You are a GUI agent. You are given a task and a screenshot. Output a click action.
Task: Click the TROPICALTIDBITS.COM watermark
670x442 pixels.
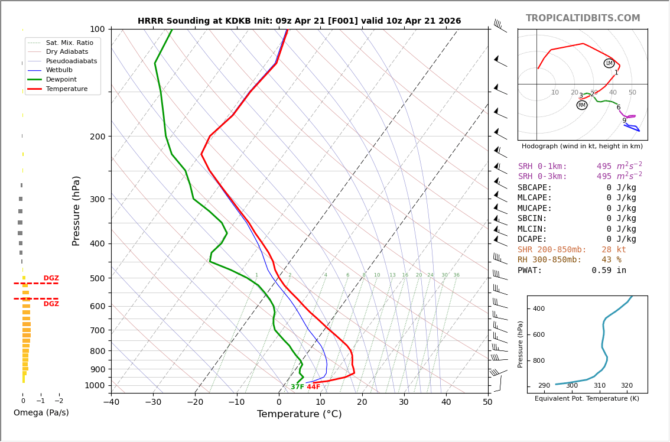pyautogui.click(x=583, y=18)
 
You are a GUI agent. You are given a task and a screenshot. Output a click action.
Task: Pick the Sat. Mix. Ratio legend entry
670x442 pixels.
pyautogui.click(x=69, y=43)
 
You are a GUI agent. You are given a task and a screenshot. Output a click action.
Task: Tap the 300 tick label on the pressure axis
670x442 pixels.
pyautogui.click(x=97, y=199)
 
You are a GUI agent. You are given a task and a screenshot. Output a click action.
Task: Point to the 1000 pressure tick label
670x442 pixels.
pyautogui.click(x=95, y=385)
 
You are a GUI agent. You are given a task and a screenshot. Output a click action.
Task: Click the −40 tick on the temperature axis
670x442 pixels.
pyautogui.click(x=111, y=402)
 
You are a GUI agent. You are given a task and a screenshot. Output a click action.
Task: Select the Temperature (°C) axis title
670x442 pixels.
pyautogui.click(x=299, y=414)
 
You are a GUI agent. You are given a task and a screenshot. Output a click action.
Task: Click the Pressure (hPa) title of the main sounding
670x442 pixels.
pyautogui.click(x=76, y=210)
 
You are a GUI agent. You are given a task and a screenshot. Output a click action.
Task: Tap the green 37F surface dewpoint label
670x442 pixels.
pyautogui.click(x=297, y=387)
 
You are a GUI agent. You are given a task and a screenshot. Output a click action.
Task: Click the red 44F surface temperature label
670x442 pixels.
pyautogui.click(x=313, y=387)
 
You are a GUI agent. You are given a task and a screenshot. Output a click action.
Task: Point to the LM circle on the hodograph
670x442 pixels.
pyautogui.click(x=609, y=63)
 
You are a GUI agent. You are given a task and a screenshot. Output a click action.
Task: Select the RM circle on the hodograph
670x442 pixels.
pyautogui.click(x=582, y=105)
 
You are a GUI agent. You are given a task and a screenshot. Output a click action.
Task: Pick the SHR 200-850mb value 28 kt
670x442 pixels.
pyautogui.click(x=614, y=249)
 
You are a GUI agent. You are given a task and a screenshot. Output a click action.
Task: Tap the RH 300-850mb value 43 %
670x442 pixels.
pyautogui.click(x=611, y=260)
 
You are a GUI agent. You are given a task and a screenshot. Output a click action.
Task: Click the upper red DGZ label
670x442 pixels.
pyautogui.click(x=51, y=278)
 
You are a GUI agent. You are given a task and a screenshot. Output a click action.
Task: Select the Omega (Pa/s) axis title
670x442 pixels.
pyautogui.click(x=41, y=412)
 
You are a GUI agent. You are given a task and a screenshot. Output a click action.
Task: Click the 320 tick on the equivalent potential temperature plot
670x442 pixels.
pyautogui.click(x=626, y=386)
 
